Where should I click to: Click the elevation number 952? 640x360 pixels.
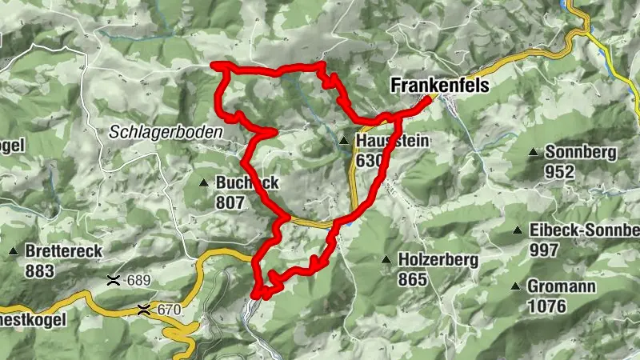pyautogui.click(x=559, y=170)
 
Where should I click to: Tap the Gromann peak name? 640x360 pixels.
pyautogui.click(x=558, y=286)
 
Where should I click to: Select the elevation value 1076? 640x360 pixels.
pyautogui.click(x=546, y=306)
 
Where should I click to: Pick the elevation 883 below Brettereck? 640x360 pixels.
pyautogui.click(x=39, y=270)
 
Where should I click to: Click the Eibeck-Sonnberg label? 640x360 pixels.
pyautogui.click(x=584, y=230)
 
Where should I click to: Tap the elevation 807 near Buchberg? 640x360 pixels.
pyautogui.click(x=230, y=202)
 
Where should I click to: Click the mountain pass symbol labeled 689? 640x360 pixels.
pyautogui.click(x=115, y=281)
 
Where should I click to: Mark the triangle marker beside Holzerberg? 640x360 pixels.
pyautogui.click(x=387, y=260)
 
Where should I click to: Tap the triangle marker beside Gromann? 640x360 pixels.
pyautogui.click(x=516, y=286)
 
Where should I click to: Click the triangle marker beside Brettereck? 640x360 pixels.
pyautogui.click(x=14, y=252)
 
